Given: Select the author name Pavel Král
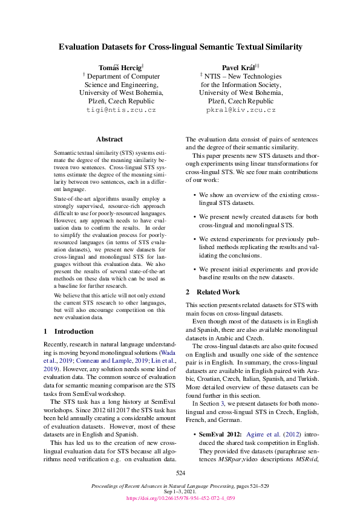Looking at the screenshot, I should click(238, 66).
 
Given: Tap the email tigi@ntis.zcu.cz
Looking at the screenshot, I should click(122, 111).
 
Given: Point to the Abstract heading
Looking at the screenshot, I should click(110, 139).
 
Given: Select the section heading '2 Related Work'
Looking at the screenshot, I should click(212, 292).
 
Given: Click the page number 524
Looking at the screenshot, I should click(180, 473).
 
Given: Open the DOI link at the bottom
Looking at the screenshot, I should click(180, 499).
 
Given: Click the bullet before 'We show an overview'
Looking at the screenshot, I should click(194, 195).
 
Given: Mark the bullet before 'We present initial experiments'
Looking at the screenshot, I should click(194, 268).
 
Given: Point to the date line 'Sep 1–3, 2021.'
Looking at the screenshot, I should click(180, 492).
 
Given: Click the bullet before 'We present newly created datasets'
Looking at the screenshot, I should click(194, 216).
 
